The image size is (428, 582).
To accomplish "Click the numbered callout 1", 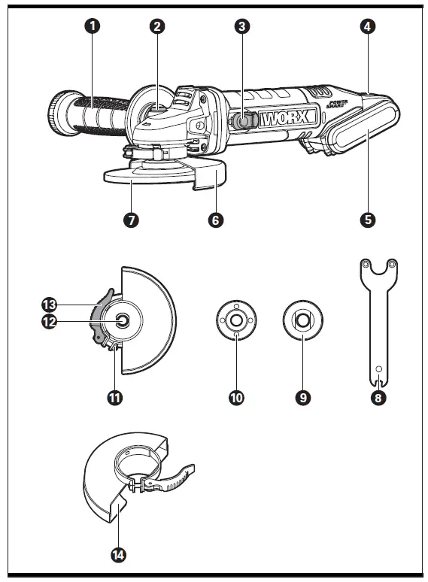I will [x=93, y=26].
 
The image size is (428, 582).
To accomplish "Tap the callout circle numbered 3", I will [x=241, y=26].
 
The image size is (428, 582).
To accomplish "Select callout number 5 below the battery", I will [x=367, y=220].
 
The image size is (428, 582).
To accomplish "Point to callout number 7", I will [x=132, y=220].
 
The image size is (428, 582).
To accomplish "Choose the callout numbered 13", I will [x=49, y=305].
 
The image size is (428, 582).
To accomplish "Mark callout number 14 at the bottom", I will [x=117, y=555].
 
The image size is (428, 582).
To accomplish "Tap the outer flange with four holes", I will [x=236, y=320].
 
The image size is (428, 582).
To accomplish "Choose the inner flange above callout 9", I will [x=302, y=320].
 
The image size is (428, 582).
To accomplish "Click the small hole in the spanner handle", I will [x=378, y=368].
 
